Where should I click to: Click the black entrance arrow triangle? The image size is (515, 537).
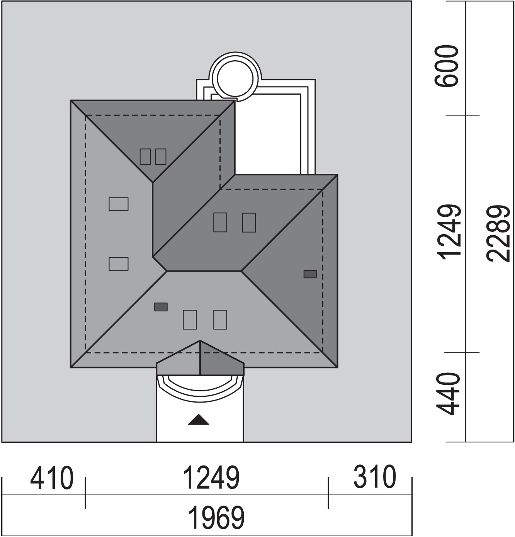click(199, 420)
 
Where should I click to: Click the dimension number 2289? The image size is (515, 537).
click(498, 233)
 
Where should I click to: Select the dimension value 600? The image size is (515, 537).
click(446, 66)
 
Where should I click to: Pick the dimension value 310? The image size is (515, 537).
click(374, 477)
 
